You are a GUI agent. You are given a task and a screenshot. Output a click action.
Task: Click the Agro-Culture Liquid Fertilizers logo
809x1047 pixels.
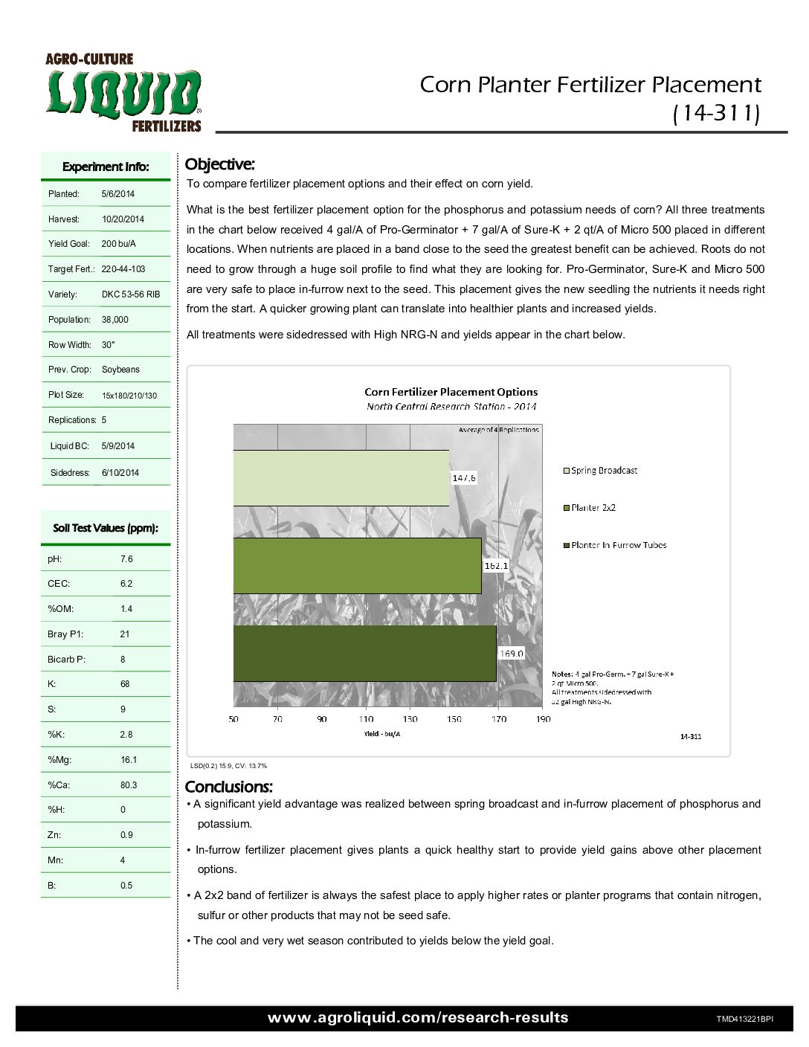[x=123, y=93]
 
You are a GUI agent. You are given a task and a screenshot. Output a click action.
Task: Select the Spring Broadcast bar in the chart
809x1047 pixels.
[x=341, y=478]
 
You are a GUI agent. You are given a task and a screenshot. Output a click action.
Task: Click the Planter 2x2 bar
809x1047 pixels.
[x=357, y=566]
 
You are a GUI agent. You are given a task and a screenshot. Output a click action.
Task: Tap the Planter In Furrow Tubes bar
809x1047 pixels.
[x=364, y=653]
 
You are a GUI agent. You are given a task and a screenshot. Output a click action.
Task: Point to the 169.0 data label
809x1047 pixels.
[x=512, y=654]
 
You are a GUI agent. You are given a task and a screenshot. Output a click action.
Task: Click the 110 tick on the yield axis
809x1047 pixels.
[x=366, y=719]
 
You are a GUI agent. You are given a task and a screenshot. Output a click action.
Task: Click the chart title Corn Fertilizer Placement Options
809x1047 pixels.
[x=451, y=392]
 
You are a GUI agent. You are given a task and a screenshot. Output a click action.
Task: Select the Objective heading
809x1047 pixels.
[x=219, y=164]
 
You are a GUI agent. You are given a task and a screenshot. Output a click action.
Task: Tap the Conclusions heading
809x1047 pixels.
[x=228, y=787]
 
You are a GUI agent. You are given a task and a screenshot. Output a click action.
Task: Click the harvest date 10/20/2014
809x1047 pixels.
[x=123, y=219]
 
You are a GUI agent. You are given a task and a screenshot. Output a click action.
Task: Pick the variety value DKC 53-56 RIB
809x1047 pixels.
[x=131, y=294]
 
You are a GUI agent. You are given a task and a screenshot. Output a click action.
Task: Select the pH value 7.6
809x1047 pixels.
[x=126, y=559]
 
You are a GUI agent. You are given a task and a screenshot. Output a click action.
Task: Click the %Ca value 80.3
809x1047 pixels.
[x=129, y=785]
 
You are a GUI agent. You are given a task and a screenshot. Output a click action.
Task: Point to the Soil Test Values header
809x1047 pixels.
[x=106, y=529]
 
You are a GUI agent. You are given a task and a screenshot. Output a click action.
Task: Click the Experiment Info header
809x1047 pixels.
[x=106, y=167]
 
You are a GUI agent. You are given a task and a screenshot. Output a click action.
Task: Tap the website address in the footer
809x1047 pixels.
[x=418, y=1018]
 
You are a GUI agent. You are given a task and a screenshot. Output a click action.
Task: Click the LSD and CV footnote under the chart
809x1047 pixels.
[x=228, y=766]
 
